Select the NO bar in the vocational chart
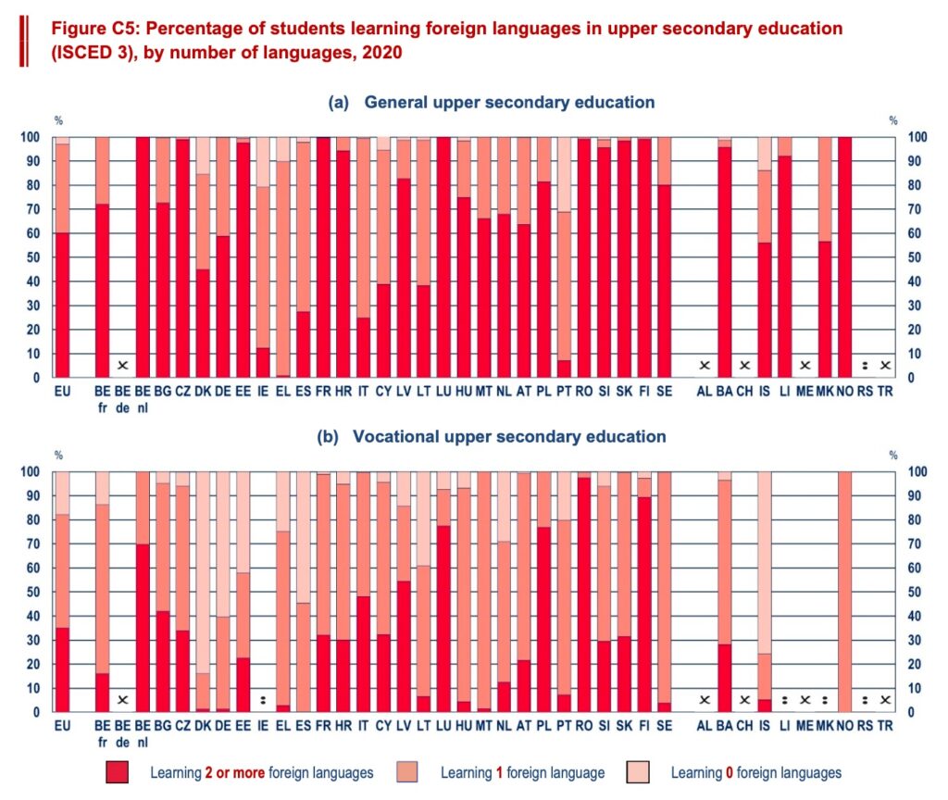coord(842,593)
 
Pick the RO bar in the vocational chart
coord(584,593)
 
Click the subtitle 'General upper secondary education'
coord(509,103)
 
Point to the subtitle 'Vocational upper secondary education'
coord(509,437)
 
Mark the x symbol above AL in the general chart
coord(704,365)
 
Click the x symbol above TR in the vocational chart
coord(885,700)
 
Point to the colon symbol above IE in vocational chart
coord(264,700)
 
